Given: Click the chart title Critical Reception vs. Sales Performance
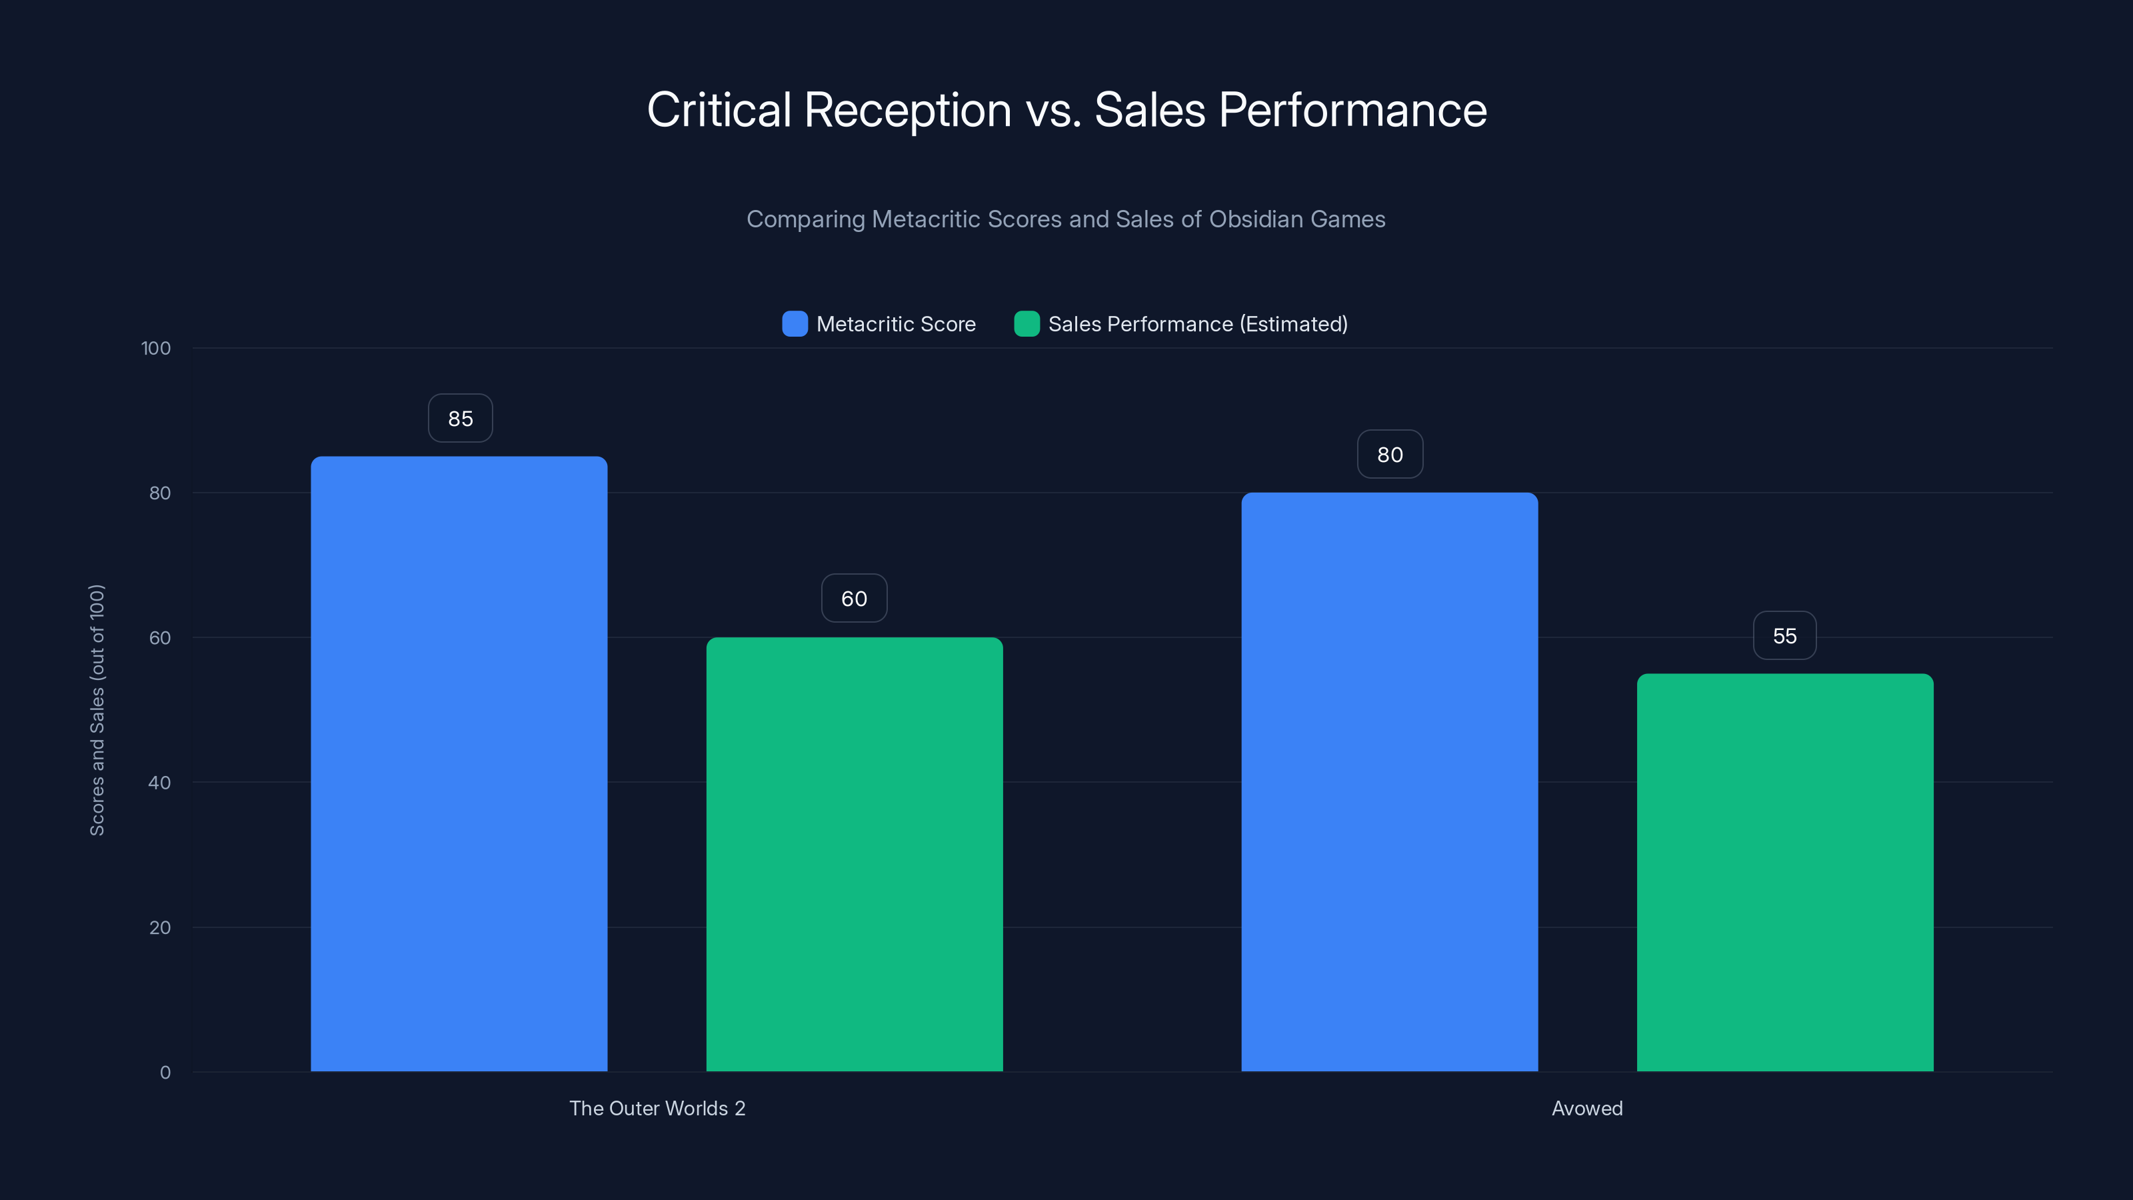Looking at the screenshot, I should (1066, 110).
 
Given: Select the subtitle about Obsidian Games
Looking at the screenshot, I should (1066, 219).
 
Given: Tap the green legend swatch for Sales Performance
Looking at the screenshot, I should (1027, 324).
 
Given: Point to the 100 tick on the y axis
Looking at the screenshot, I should (156, 349).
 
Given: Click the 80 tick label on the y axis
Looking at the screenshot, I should (160, 493).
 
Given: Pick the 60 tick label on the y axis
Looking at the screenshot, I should (160, 639).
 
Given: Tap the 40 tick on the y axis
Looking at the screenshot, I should (160, 783).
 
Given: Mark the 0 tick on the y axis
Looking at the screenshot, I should (165, 1073).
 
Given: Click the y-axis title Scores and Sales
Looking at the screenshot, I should (97, 710).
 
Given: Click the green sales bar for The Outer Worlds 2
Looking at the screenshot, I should (855, 854).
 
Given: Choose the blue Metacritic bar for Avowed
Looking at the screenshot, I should (1389, 782).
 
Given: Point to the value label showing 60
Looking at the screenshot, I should (855, 599).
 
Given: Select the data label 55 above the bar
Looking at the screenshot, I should (1785, 636).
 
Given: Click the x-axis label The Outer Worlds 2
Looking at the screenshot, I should (657, 1109).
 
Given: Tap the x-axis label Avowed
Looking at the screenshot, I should (1587, 1109).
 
